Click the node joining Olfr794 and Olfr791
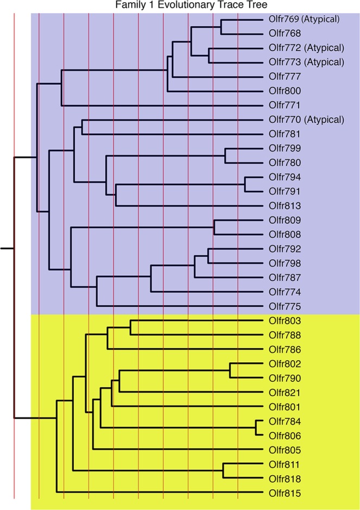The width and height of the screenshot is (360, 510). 245,184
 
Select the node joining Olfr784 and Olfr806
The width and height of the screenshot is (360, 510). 256,428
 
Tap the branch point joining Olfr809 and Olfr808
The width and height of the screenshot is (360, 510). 214,227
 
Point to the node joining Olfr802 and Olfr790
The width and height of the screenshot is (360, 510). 230,370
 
